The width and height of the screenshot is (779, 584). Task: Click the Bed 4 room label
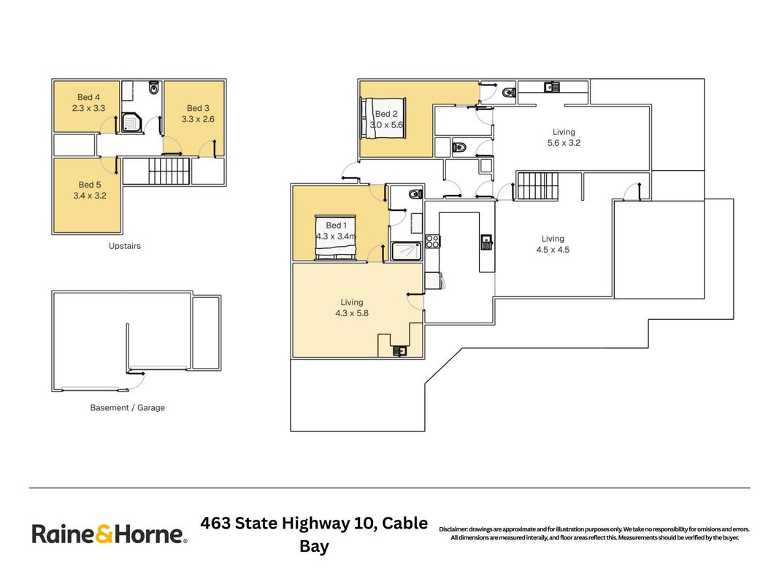[x=88, y=97]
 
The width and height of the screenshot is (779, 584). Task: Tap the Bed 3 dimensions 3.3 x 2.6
[x=198, y=119]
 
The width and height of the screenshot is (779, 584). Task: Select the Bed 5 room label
[x=89, y=185]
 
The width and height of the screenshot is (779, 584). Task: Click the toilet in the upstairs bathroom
[x=153, y=88]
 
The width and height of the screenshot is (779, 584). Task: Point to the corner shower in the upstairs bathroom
[x=131, y=122]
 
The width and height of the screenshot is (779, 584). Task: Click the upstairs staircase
[x=169, y=171]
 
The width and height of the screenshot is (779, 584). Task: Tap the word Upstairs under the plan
[x=125, y=246]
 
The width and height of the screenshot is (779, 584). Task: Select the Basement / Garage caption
[x=127, y=408]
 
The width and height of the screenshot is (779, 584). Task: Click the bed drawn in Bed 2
[x=383, y=119]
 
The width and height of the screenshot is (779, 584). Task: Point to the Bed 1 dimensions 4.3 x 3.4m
[x=336, y=237]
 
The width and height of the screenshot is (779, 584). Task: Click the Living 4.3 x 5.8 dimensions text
[x=352, y=313]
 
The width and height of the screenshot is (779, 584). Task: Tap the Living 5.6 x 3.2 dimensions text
[x=564, y=143]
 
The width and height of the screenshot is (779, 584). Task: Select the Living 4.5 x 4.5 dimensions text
[x=553, y=250]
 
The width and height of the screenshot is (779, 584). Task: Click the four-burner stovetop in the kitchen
[x=432, y=242]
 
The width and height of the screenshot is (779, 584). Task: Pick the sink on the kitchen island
[x=486, y=242]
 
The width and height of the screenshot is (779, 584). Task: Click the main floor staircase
[x=537, y=185]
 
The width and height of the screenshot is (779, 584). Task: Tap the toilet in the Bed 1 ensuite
[x=415, y=193]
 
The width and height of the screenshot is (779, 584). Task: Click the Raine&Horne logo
[x=110, y=534]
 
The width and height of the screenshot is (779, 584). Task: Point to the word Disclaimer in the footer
[x=453, y=529]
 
